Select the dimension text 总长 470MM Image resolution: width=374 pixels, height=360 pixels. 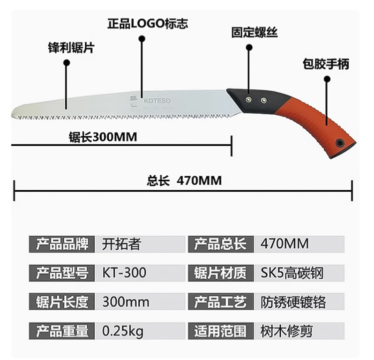[184, 180]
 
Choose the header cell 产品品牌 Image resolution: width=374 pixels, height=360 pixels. [62, 244]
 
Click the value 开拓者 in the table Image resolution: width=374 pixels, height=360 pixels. [122, 244]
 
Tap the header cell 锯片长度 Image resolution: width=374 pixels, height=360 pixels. [62, 302]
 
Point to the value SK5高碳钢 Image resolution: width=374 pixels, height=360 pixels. [292, 273]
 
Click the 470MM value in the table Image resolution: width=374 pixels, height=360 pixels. [285, 244]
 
